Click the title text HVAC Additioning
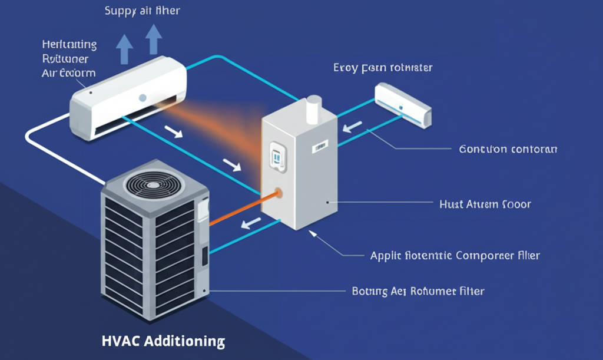click(163, 341)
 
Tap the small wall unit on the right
click(403, 104)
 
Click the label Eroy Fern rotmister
click(383, 68)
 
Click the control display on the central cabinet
click(277, 156)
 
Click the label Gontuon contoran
click(508, 149)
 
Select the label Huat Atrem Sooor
click(485, 204)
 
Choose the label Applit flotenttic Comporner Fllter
click(455, 256)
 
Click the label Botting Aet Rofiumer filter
click(418, 291)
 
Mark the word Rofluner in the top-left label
click(65, 58)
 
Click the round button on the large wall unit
click(143, 97)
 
